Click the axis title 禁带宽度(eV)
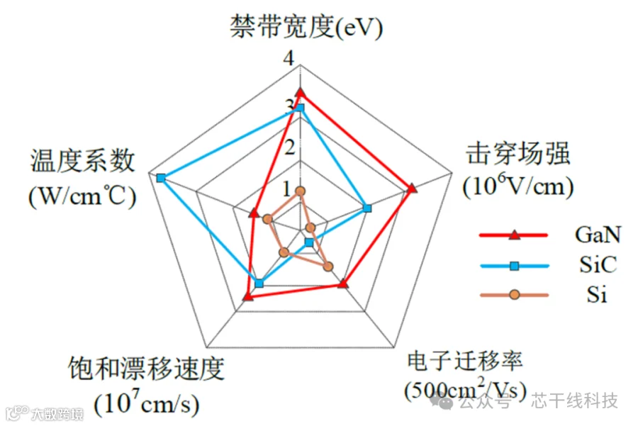pyautogui.click(x=306, y=28)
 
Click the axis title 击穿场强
pyautogui.click(x=518, y=154)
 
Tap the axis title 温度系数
pyautogui.click(x=82, y=161)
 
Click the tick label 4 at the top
pyautogui.click(x=288, y=61)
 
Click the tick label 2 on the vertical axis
pyautogui.click(x=288, y=147)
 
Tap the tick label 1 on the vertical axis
pyautogui.click(x=288, y=189)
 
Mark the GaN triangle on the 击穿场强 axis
pyautogui.click(x=413, y=188)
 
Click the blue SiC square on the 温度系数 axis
pyautogui.click(x=161, y=177)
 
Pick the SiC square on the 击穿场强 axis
pyautogui.click(x=366, y=208)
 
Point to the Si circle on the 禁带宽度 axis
pyautogui.click(x=300, y=191)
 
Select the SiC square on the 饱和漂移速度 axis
pyautogui.click(x=259, y=283)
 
